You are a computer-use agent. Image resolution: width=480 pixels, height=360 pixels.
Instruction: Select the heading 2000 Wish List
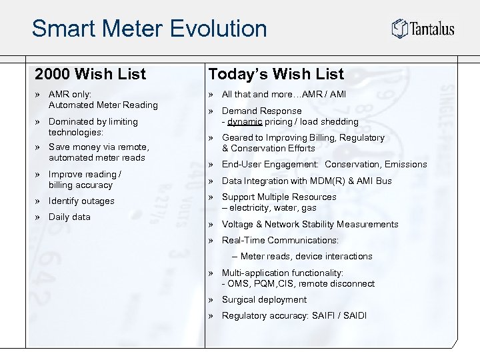90,73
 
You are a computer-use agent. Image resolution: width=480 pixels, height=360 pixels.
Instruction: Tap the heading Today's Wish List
276,73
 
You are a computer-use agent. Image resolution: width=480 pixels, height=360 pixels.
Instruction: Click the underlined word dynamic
244,121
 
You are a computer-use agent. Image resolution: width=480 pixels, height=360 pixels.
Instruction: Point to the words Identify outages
81,201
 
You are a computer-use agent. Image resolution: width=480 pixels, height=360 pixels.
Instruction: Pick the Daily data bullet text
69,217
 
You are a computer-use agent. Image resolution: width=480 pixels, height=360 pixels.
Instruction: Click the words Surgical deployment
264,299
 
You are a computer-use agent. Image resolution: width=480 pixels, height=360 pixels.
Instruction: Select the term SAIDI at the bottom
353,315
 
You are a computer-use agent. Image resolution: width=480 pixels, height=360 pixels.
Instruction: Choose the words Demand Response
261,111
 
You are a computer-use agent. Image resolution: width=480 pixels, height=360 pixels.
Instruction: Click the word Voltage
238,224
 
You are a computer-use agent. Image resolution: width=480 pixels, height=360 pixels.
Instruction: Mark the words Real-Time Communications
280,240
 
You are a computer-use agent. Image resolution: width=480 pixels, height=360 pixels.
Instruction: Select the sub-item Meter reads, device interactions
307,256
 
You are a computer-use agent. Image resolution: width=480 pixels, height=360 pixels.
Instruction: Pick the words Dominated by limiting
93,121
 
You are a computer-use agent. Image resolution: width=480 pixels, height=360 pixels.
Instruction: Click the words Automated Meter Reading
103,105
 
